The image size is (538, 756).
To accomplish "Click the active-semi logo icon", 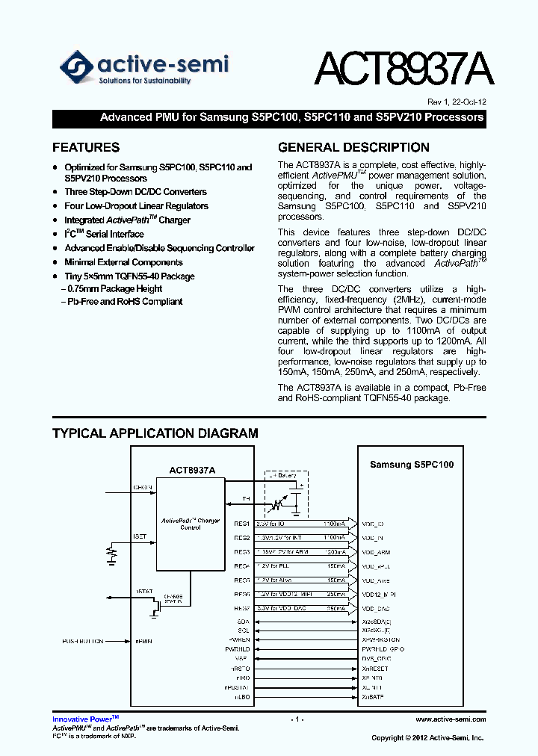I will pyautogui.click(x=76, y=67).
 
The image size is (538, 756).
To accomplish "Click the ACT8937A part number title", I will pyautogui.click(x=403, y=71).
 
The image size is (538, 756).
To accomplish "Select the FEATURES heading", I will pyautogui.click(x=86, y=147).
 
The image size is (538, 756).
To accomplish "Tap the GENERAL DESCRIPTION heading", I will pyautogui.click(x=353, y=147).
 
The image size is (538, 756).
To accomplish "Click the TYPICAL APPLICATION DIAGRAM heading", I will pyautogui.click(x=155, y=433).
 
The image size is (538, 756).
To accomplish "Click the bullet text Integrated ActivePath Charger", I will pyautogui.click(x=127, y=220).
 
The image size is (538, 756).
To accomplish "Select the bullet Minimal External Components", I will pyautogui.click(x=123, y=262).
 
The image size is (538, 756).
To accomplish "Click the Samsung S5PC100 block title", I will pyautogui.click(x=412, y=465).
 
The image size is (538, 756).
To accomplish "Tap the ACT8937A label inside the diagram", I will pyautogui.click(x=192, y=470).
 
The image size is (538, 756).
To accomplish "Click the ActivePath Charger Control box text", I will pyautogui.click(x=191, y=524).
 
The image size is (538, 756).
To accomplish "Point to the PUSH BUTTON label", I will pyautogui.click(x=83, y=641).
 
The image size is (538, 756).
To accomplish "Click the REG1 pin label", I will pyautogui.click(x=241, y=524).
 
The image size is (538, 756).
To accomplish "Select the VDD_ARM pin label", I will pyautogui.click(x=376, y=553).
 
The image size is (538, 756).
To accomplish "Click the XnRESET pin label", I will pyautogui.click(x=375, y=669).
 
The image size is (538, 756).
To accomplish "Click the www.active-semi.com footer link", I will pyautogui.click(x=451, y=719).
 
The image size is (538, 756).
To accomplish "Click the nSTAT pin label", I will pyautogui.click(x=143, y=592).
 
